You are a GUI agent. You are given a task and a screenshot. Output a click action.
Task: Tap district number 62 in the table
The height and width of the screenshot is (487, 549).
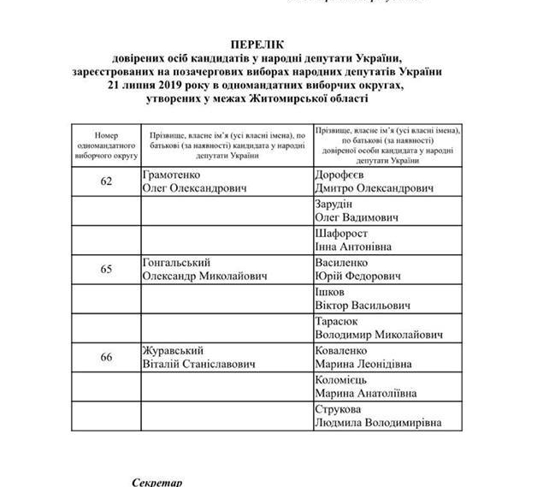coord(107,181)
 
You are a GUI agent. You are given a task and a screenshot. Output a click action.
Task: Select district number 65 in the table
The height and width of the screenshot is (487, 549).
coord(107,269)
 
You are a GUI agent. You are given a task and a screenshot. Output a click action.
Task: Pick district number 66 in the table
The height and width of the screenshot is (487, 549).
coord(107,357)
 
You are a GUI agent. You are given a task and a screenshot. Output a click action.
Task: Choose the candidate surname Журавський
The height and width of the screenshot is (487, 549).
coord(170,351)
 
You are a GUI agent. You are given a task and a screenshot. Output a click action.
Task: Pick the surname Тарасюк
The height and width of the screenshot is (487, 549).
coord(339,322)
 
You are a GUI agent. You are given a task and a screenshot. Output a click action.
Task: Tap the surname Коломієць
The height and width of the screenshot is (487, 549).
coord(346,380)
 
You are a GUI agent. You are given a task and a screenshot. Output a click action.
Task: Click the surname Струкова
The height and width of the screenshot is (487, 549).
coord(341,410)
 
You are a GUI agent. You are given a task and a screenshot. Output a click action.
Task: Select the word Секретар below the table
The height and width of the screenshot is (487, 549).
coord(157,482)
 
